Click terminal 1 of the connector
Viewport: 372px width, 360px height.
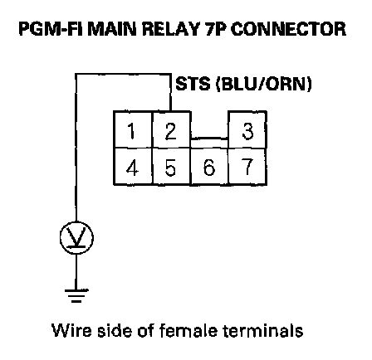[x=133, y=129]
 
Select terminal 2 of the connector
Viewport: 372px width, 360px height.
[x=172, y=129]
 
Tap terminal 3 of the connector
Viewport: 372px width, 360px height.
[x=247, y=129]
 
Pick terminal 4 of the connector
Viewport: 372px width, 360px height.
[x=133, y=167]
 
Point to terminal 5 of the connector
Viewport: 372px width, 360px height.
[x=172, y=167]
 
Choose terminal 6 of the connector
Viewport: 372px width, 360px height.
[x=209, y=167]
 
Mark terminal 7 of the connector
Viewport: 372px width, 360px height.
[x=247, y=167]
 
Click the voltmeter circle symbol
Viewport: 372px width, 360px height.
[x=76, y=238]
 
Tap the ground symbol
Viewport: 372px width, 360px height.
[x=76, y=295]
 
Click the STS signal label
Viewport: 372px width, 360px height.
[x=193, y=84]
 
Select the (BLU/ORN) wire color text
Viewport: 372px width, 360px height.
[x=264, y=84]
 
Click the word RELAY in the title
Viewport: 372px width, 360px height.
[x=171, y=29]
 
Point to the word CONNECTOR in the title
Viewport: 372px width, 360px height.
[x=288, y=29]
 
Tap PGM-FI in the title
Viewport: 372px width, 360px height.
[x=51, y=29]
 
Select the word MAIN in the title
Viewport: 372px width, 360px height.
[x=112, y=29]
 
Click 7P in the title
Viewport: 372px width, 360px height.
[x=215, y=29]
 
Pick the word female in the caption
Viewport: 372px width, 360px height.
[x=188, y=330]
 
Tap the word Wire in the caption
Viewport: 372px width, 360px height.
[x=71, y=330]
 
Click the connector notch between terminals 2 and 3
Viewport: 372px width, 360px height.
[x=209, y=139]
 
